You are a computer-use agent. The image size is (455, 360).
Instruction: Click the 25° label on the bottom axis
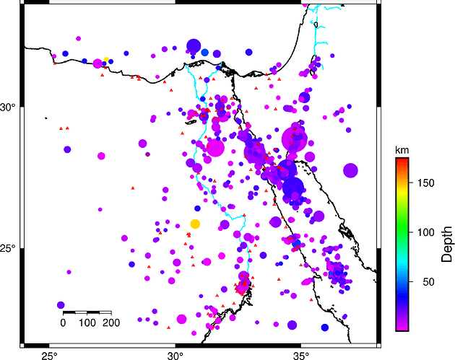[x=49, y=355]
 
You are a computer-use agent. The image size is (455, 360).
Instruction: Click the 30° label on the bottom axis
[x=175, y=355]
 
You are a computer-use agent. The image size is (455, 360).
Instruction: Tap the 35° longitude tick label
[x=301, y=355]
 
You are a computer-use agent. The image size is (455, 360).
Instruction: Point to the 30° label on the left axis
[x=8, y=107]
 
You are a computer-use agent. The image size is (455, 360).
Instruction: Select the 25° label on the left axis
[x=8, y=249]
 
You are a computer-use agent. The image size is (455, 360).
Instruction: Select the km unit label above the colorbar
[x=402, y=149]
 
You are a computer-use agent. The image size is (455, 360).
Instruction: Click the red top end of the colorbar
[x=403, y=160]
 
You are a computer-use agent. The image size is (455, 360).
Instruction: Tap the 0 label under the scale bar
[x=64, y=322]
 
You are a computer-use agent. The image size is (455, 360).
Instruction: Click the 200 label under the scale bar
[x=111, y=322]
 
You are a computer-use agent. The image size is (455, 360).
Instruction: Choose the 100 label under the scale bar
[x=87, y=322]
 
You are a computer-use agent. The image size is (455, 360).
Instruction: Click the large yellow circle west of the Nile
[x=195, y=224]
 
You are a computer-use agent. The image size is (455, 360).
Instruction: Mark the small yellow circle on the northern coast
[x=106, y=59]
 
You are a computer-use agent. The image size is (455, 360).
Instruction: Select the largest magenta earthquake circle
[x=295, y=137]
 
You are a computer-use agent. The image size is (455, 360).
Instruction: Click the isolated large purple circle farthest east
[x=351, y=170]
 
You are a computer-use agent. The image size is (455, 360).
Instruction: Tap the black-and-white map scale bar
[x=87, y=312]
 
